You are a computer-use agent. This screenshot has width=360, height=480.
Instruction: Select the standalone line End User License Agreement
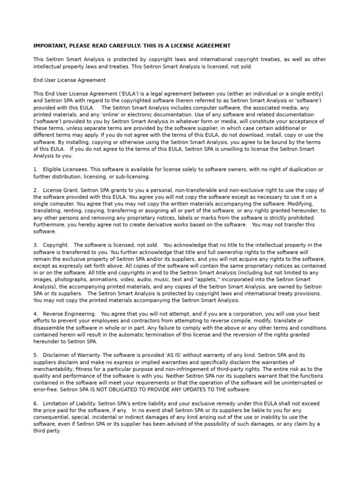pyautogui.click(x=69, y=80)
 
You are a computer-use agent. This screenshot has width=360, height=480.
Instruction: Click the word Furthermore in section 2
pyautogui.click(x=49, y=225)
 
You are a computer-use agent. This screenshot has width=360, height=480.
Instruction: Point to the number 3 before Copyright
pyautogui.click(x=35, y=245)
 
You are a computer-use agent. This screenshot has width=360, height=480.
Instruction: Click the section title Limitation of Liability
pyautogui.click(x=71, y=403)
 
